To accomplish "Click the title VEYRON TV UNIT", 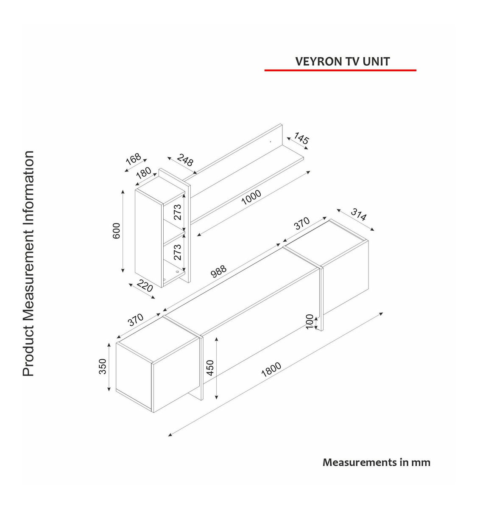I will pos(342,61).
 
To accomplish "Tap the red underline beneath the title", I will pos(340,70).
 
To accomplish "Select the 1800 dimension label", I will pos(271,370).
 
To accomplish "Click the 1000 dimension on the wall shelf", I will pos(251,198).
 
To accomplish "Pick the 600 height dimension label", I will pos(117,230).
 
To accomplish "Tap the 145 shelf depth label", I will pos(301,140).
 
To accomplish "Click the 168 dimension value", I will pos(133,160).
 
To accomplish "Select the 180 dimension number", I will pos(144,174).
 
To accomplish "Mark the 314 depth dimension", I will pos(358,215).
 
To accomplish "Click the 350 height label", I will pos(103,366).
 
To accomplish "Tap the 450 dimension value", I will pos(210,367).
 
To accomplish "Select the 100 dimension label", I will pos(310,321).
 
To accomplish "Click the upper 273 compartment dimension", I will pos(177,212).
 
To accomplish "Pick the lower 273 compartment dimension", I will pos(177,252).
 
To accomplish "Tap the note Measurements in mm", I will pos(376,462).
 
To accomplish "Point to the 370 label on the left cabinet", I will pos(136,319).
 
